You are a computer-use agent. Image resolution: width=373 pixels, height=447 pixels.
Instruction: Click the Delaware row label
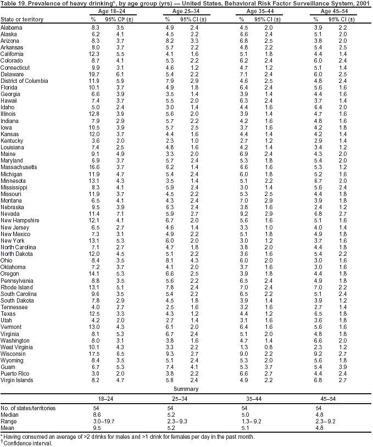(12, 74)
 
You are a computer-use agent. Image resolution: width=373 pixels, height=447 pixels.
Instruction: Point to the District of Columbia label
(24, 81)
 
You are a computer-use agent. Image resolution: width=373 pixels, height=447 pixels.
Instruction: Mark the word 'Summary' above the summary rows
(186, 388)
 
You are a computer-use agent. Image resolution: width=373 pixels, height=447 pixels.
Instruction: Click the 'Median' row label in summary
(10, 415)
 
